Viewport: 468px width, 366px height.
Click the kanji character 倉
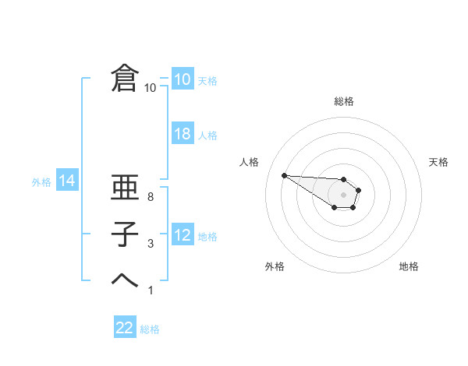[x=125, y=79]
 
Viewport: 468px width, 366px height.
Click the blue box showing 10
[x=182, y=79]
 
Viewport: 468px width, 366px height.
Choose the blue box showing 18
[x=182, y=134]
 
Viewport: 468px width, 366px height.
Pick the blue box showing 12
[x=182, y=235]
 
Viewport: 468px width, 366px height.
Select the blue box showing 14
[x=67, y=181]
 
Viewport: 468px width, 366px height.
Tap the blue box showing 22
[x=125, y=328]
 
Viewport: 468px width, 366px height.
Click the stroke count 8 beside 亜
[x=151, y=198]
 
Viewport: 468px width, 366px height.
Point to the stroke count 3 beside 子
[x=151, y=245]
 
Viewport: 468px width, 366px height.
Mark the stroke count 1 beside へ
[x=151, y=290]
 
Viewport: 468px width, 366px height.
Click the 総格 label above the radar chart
[x=344, y=101]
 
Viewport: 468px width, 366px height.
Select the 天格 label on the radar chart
[x=439, y=162]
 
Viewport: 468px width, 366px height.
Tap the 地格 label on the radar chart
[x=409, y=266]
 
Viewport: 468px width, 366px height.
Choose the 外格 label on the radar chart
[x=274, y=266]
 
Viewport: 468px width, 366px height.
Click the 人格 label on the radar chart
[x=249, y=162]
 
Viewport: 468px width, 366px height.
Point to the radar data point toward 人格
[x=284, y=175]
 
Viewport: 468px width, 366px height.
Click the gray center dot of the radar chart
[x=344, y=195]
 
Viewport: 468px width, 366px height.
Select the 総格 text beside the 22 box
[x=150, y=329]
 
